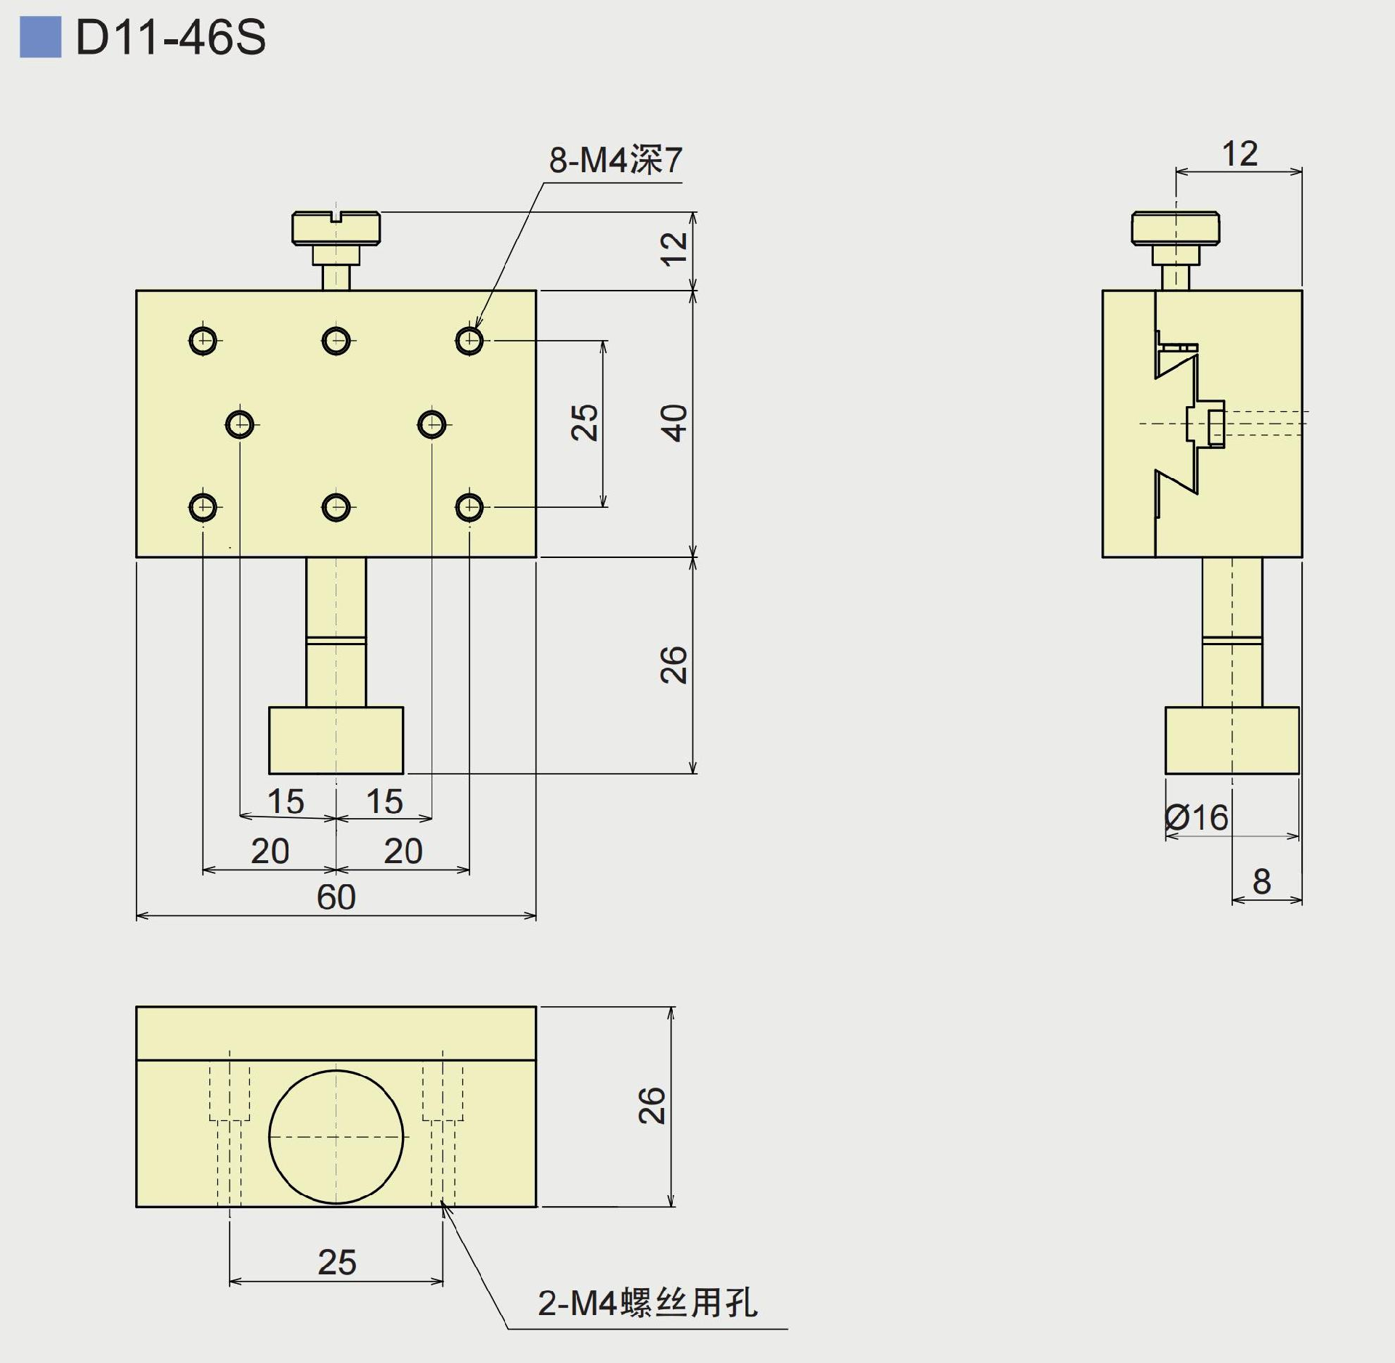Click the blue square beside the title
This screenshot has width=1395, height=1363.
(40, 37)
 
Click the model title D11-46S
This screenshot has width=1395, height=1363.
(171, 37)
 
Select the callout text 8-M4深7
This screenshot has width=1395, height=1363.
(615, 160)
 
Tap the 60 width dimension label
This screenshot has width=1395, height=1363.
(336, 897)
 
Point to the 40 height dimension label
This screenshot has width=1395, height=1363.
(674, 423)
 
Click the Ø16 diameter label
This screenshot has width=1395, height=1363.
(1196, 818)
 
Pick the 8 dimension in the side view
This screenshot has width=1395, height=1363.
(1262, 881)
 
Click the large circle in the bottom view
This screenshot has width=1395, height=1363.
(336, 1136)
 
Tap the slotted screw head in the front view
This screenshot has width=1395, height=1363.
(336, 228)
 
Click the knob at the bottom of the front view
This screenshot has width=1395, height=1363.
(336, 740)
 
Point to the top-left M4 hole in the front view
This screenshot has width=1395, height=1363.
(203, 340)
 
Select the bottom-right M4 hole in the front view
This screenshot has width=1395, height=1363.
(469, 507)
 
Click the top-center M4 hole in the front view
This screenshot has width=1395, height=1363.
(336, 340)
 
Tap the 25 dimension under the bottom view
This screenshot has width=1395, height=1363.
(336, 1262)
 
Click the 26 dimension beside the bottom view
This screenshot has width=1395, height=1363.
(652, 1106)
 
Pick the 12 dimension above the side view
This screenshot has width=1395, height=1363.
(1240, 154)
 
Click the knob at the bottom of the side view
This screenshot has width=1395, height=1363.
(1232, 740)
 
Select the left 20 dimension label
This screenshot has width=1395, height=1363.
(270, 851)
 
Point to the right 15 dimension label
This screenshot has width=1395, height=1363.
(384, 801)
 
